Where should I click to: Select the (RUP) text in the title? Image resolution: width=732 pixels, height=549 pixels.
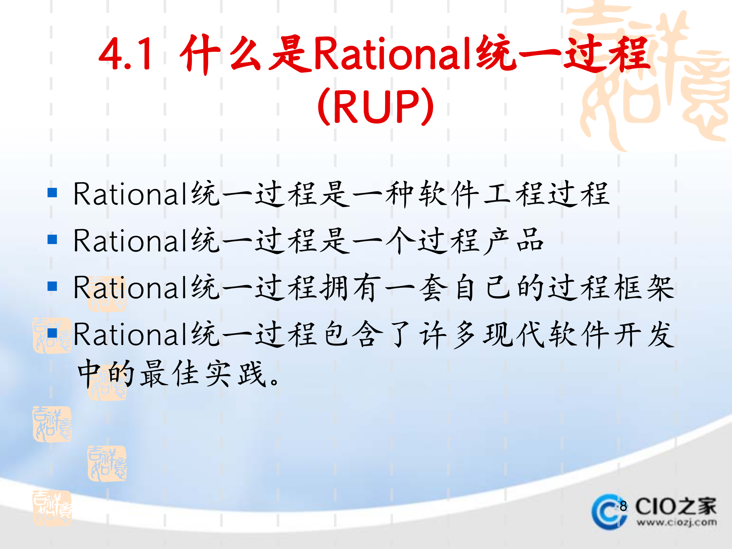click(x=376, y=106)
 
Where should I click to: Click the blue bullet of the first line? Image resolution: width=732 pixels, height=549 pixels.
click(x=52, y=193)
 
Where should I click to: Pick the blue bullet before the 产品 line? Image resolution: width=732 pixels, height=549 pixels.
click(x=52, y=239)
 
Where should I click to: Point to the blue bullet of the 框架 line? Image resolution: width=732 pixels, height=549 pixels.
click(x=52, y=286)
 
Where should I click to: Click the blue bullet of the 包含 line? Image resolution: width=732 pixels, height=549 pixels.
click(x=52, y=333)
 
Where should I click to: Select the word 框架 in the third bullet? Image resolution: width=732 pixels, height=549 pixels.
click(x=644, y=288)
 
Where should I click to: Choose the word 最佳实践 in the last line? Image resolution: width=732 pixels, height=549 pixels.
click(x=204, y=374)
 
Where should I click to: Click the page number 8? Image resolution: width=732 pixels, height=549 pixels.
click(x=623, y=506)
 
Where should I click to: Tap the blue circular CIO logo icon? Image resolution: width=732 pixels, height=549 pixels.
click(x=608, y=512)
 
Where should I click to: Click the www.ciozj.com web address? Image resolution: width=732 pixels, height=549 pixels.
click(x=676, y=522)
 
